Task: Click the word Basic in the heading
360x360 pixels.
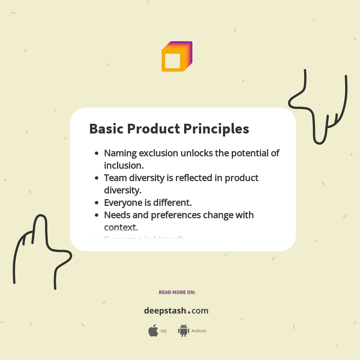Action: click(106, 129)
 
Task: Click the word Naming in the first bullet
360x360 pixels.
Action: click(120, 154)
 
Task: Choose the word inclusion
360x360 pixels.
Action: click(124, 165)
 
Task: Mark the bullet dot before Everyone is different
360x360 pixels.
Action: click(97, 203)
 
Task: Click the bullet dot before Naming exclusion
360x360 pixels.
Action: click(97, 153)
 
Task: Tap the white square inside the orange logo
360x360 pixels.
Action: click(172, 61)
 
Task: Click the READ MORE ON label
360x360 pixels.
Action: click(177, 292)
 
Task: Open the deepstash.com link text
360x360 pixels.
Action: click(176, 311)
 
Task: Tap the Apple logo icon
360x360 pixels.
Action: click(153, 331)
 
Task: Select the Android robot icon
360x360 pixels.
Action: click(183, 331)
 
